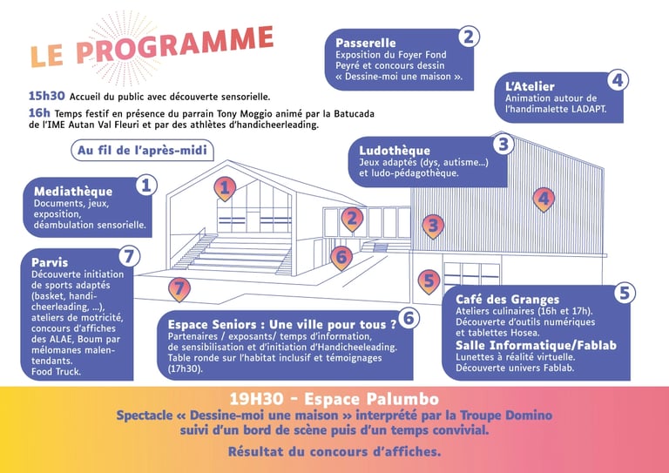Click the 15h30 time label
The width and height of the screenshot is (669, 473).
[44, 97]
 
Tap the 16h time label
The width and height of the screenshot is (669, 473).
[38, 113]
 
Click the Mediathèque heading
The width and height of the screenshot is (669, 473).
[73, 192]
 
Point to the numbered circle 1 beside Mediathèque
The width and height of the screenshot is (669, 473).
[146, 185]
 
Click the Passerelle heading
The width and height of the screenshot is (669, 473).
[365, 43]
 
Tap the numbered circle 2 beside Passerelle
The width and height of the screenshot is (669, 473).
[468, 37]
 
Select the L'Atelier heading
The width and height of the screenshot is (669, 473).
[530, 86]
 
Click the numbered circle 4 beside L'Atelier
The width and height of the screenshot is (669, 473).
[617, 80]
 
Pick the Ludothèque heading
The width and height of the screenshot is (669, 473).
[394, 151]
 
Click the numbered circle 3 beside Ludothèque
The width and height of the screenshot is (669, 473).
[503, 145]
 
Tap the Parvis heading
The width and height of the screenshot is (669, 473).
[50, 261]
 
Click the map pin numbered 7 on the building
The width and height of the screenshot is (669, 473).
[179, 287]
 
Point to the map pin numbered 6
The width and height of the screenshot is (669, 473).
[341, 256]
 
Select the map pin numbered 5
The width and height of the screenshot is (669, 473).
[428, 280]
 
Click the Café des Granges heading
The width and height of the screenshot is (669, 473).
[506, 300]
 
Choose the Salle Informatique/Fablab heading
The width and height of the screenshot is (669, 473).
[536, 346]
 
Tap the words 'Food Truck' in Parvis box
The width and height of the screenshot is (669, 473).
[56, 372]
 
